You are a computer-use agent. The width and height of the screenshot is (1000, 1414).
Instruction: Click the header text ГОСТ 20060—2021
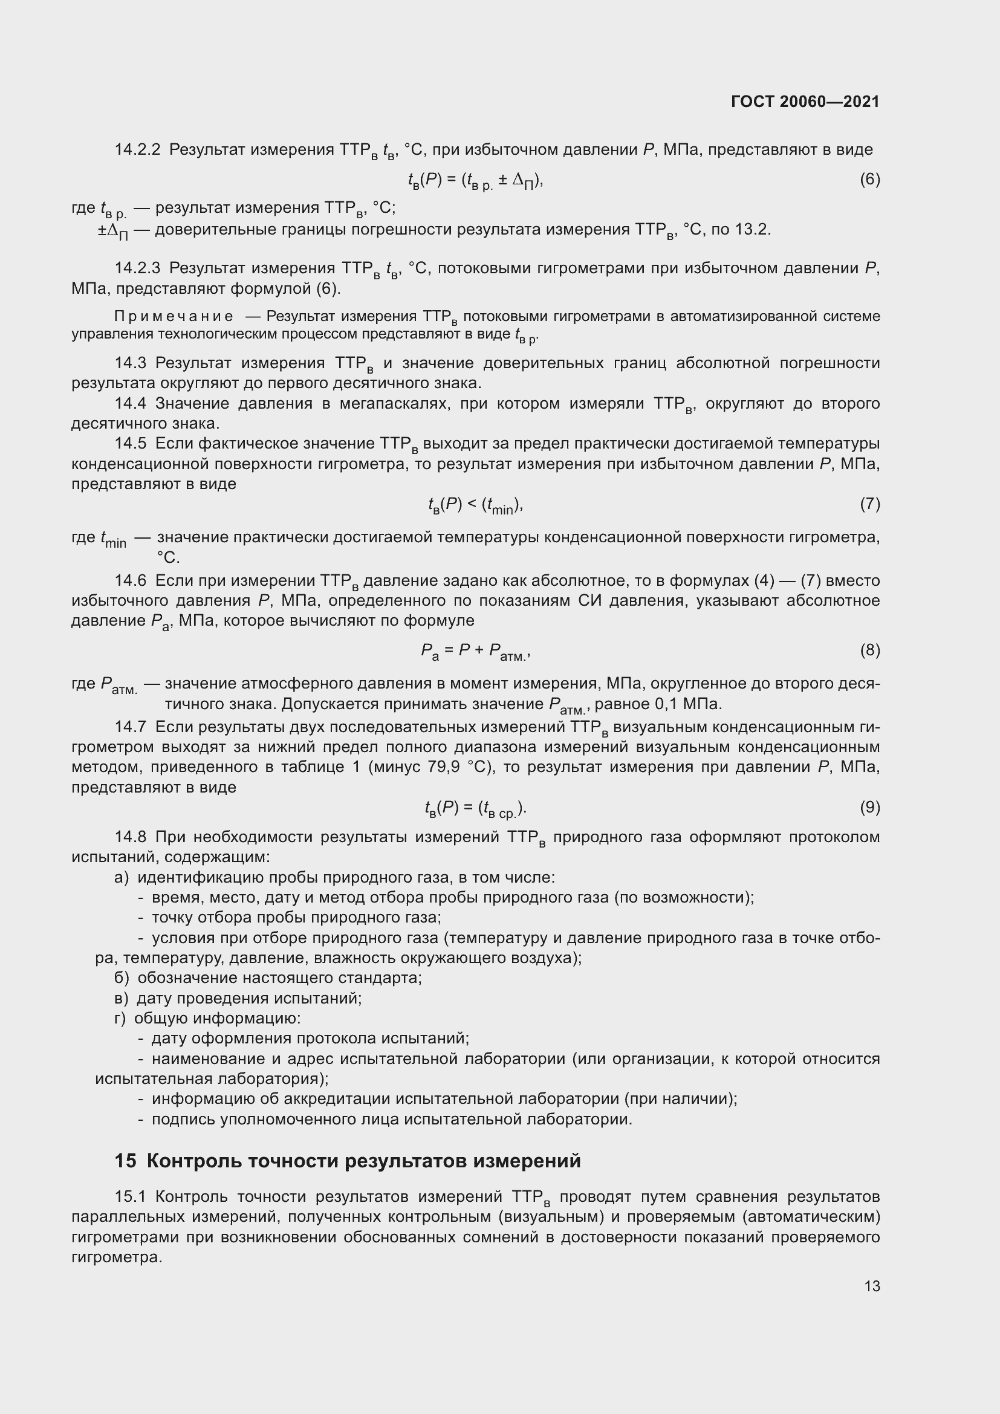tap(805, 102)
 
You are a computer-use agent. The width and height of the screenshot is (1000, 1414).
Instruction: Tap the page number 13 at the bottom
tap(872, 1286)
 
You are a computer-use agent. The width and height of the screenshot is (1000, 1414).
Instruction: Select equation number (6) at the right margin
tap(869, 179)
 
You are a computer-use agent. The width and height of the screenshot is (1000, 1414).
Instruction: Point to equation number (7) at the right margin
tap(869, 504)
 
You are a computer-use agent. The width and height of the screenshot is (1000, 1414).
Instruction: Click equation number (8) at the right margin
tap(869, 650)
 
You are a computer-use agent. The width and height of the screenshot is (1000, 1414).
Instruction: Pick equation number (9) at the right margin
tap(869, 807)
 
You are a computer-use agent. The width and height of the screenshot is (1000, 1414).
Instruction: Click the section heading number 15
tap(125, 1161)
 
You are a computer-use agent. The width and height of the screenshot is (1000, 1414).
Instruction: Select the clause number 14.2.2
tap(137, 150)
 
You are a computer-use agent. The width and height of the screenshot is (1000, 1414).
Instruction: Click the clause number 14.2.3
tap(137, 268)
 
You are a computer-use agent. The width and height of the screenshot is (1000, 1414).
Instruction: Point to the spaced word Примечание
tap(174, 317)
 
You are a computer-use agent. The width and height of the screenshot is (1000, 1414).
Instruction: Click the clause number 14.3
tap(130, 363)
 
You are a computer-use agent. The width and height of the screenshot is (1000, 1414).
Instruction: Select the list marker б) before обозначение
tap(122, 978)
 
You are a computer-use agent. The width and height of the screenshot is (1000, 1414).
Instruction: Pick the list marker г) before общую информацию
tap(120, 1018)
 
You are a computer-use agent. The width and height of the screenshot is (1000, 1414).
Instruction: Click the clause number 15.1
tap(130, 1196)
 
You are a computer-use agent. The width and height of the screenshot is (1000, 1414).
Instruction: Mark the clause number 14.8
tap(130, 837)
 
